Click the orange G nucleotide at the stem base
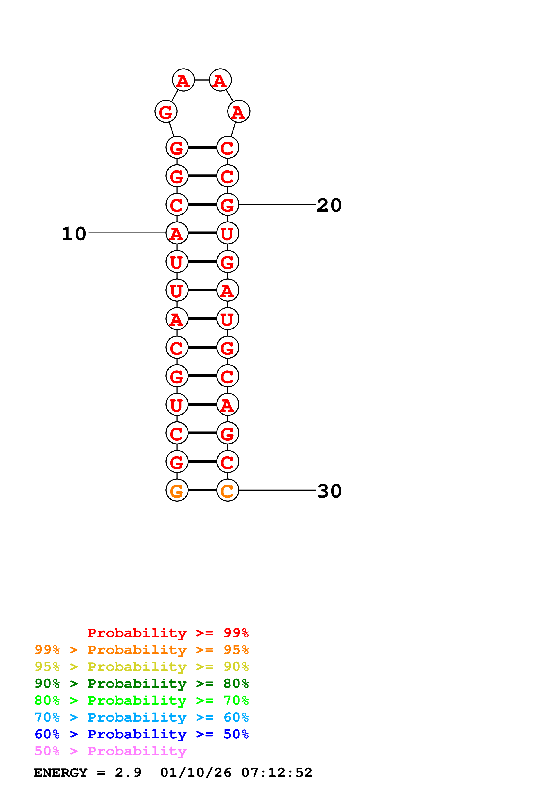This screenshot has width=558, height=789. tap(177, 490)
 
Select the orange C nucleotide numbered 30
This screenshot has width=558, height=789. tap(228, 490)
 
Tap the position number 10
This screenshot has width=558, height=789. tap(74, 234)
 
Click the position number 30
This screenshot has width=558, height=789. tap(329, 491)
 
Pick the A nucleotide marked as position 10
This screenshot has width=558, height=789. tap(177, 233)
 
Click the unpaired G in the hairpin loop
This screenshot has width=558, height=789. tap(166, 112)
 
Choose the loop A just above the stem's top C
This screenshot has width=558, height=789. tap(239, 112)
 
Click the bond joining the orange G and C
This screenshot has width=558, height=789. tap(202, 490)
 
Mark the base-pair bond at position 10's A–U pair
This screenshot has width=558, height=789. tap(202, 233)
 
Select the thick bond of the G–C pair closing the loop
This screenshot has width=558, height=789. tap(202, 147)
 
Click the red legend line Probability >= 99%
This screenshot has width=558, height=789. tap(168, 633)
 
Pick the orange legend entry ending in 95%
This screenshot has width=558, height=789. tap(141, 650)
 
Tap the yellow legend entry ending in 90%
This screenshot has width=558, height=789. tap(141, 666)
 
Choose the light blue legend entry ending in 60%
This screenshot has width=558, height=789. tap(141, 717)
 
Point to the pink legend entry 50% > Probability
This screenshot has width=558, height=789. tap(110, 751)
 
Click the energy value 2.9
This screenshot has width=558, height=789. tap(128, 773)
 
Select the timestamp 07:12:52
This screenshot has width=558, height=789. tap(276, 773)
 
